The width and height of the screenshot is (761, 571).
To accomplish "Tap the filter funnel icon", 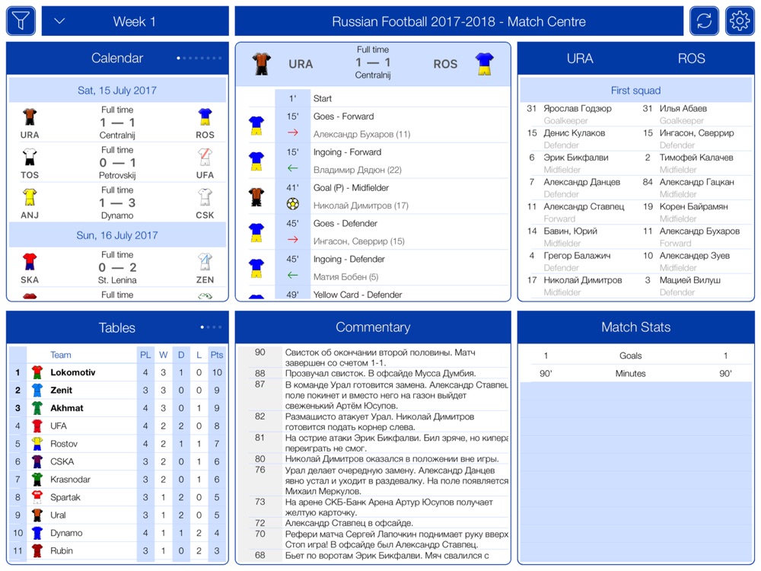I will point(21,21).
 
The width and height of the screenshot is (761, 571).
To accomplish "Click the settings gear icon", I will point(740,21).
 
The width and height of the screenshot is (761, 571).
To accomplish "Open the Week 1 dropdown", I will point(60,21).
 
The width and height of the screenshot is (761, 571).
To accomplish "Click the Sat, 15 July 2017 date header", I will point(117,90).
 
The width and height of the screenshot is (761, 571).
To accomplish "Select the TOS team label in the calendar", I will point(30,175).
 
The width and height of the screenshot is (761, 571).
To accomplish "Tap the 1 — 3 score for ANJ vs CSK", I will point(117,203).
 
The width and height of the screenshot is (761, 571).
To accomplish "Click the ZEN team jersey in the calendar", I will point(205,263).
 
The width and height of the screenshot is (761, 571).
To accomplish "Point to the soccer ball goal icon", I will point(293,205).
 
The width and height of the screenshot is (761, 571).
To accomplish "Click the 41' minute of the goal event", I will point(293,187).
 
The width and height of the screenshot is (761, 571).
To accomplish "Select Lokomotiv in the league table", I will point(73,372).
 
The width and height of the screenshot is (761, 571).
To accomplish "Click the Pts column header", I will point(217,355).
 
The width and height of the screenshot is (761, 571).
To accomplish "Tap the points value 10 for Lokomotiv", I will point(217,372).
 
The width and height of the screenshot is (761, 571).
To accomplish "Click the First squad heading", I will point(635,91).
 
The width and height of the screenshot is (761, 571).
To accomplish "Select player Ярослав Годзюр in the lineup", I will point(578,109).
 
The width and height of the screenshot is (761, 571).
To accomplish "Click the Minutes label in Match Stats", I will point(630,374).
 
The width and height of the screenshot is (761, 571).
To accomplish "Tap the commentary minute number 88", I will point(260,373).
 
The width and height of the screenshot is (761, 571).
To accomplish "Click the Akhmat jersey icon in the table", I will point(37,408).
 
